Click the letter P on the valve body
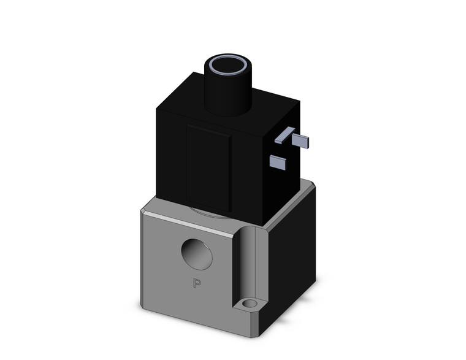click(x=197, y=283)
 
